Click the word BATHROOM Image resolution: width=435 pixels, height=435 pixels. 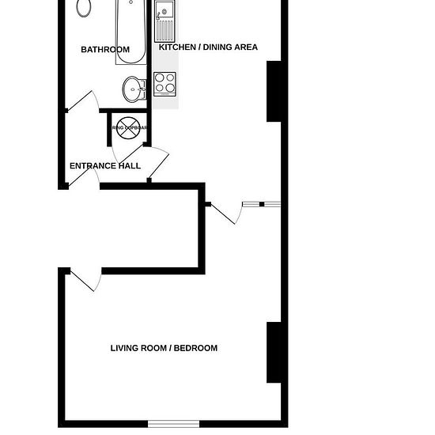click(x=105, y=50)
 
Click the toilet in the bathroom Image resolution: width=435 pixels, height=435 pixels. click(x=85, y=8)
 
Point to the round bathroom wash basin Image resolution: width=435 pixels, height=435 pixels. click(x=133, y=87)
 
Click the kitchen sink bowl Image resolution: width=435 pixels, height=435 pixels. click(x=165, y=11)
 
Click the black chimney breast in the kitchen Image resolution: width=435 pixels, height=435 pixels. click(x=275, y=91)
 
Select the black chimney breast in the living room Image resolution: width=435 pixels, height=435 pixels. click(x=274, y=352)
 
